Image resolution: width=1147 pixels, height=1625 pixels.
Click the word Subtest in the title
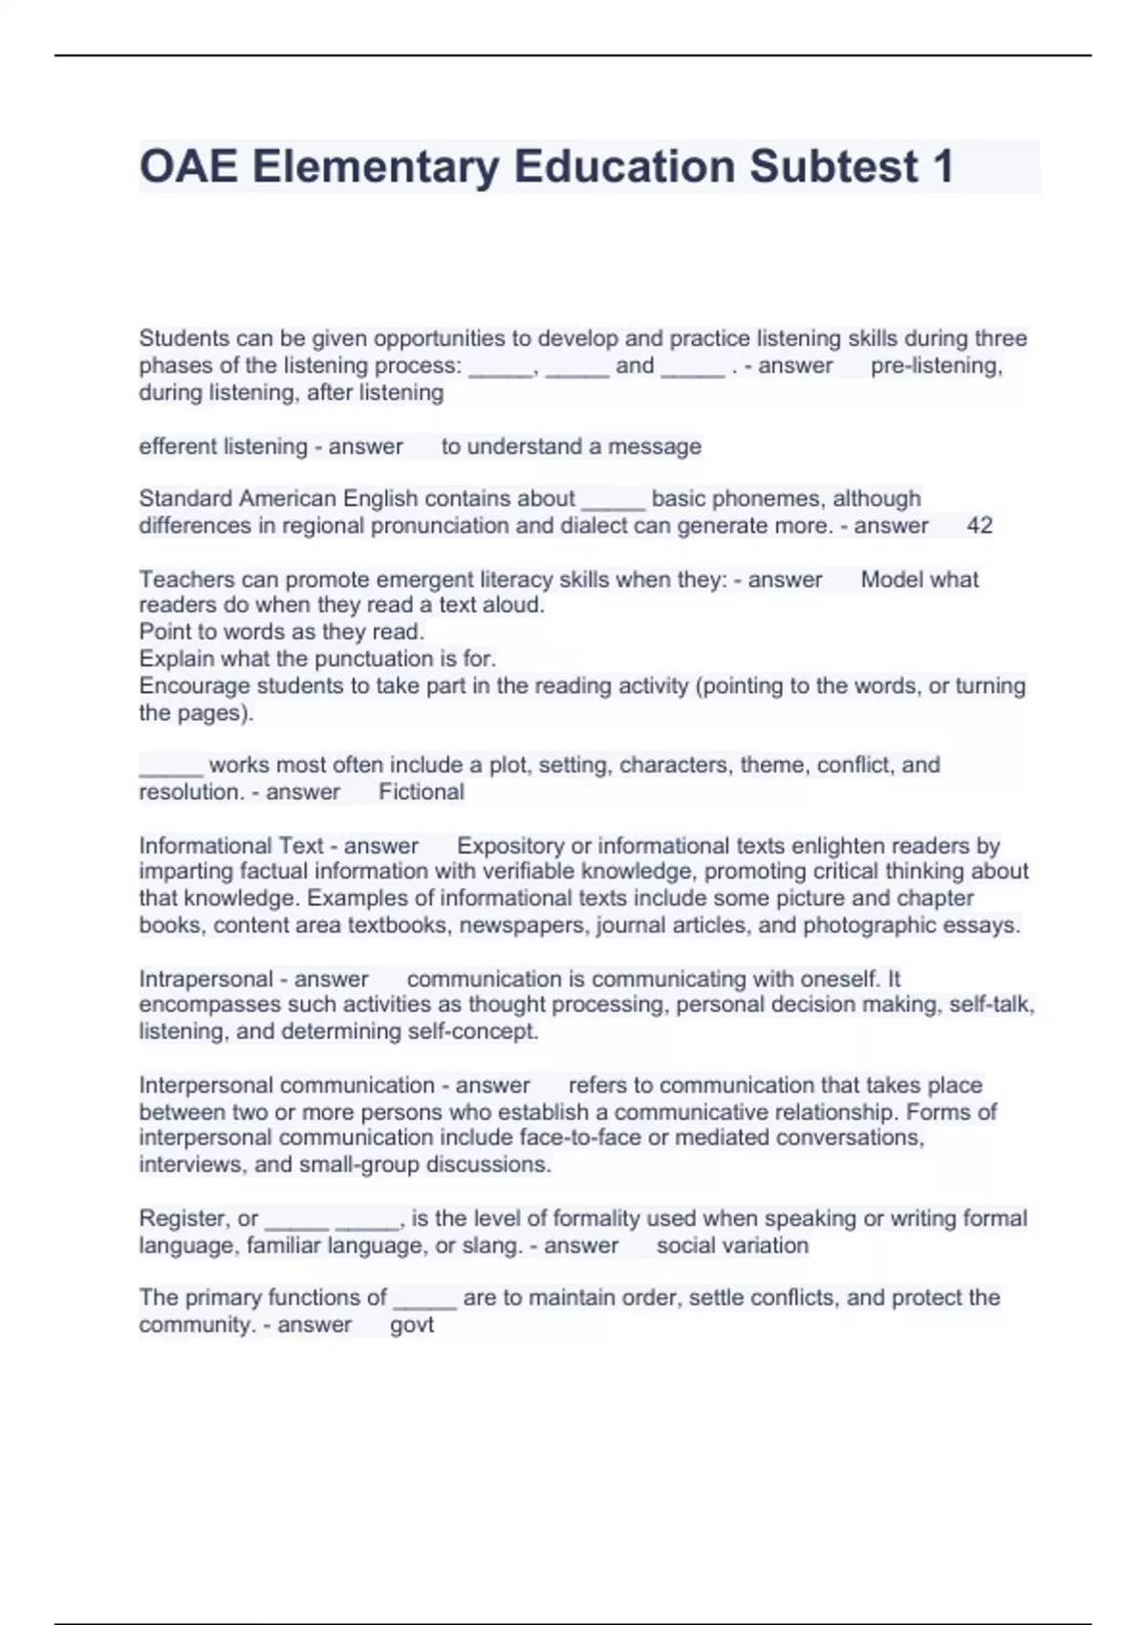click(x=833, y=166)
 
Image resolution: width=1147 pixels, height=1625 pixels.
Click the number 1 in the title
click(x=941, y=166)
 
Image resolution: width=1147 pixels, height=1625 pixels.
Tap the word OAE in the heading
click(x=188, y=166)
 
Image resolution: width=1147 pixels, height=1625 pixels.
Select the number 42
click(x=980, y=525)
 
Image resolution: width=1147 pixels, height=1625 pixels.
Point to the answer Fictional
click(x=421, y=791)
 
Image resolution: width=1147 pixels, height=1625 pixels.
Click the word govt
click(x=412, y=1325)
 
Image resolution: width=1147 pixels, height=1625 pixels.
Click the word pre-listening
click(x=936, y=365)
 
